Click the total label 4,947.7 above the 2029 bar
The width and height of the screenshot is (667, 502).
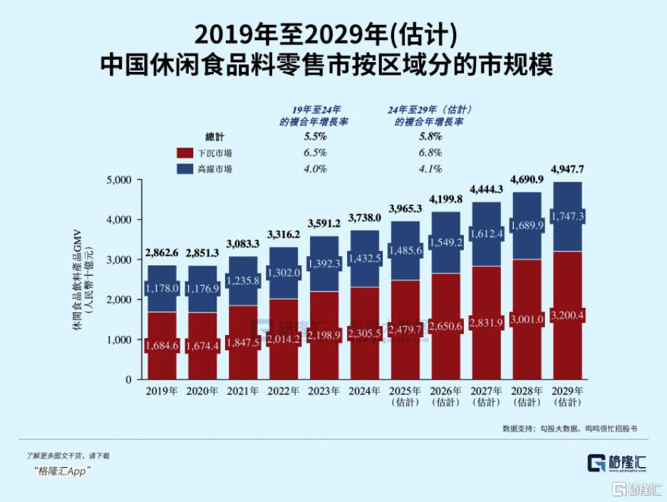[568, 169]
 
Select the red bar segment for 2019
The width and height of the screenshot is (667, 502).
[162, 346]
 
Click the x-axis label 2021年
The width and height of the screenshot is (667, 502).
[243, 391]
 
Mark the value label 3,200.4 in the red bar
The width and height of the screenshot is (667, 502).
[568, 315]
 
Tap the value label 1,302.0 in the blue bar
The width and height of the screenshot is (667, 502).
[284, 273]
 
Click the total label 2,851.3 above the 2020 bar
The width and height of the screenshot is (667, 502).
[202, 253]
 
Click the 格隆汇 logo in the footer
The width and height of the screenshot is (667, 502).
[618, 461]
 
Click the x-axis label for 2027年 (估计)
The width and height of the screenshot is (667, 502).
[487, 396]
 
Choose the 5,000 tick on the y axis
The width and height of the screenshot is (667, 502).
[119, 180]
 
